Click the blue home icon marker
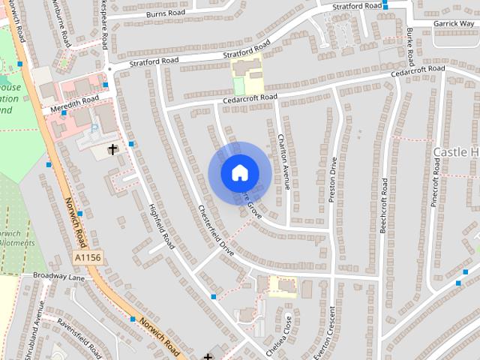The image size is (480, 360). [x=238, y=173]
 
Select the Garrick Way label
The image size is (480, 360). [x=454, y=24]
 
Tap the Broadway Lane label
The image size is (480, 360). [x=59, y=277]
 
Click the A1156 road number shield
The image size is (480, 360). [x=88, y=257]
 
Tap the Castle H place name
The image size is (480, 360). [x=455, y=152]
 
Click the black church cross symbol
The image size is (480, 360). [x=113, y=149]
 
